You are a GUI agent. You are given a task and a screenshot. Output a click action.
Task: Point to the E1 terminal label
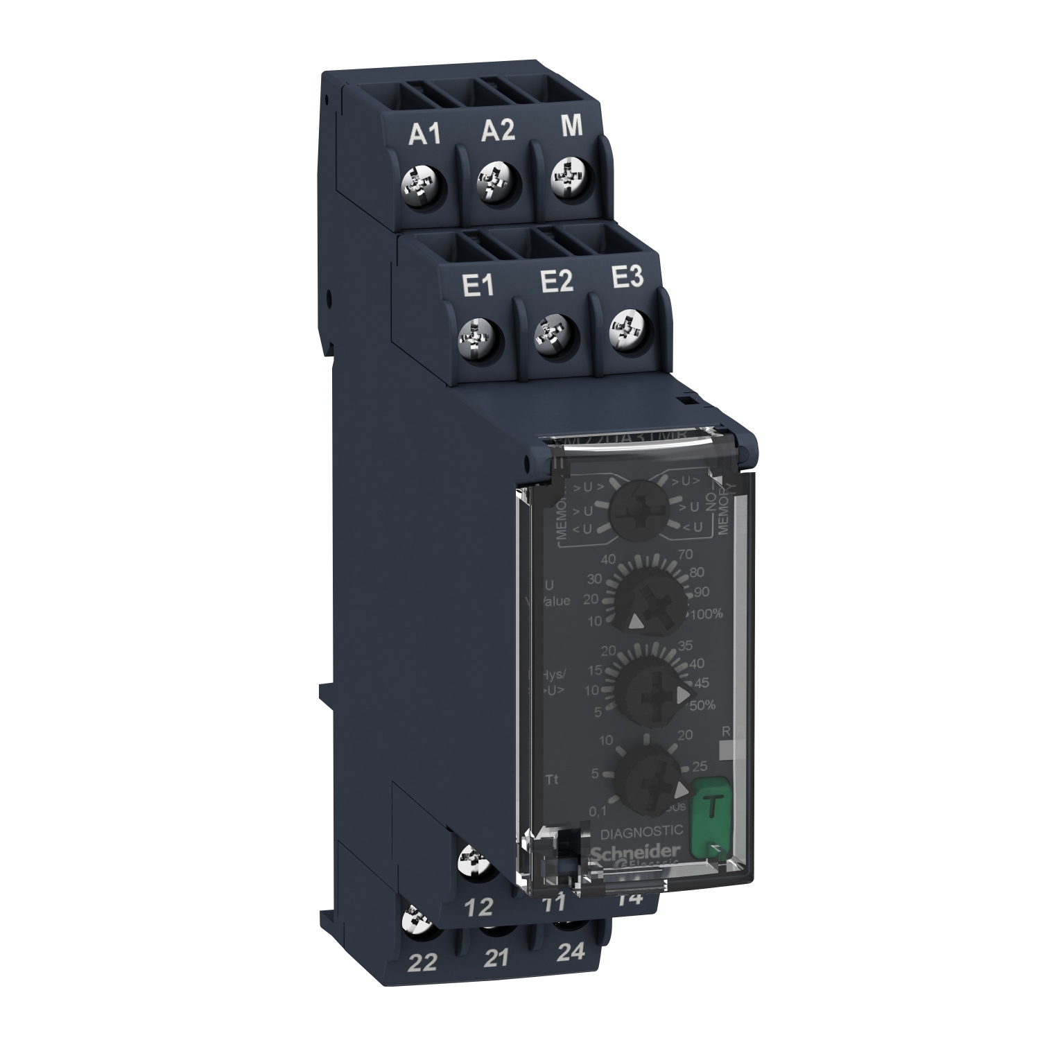[478, 286]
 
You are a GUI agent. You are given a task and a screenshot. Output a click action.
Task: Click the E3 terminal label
[626, 278]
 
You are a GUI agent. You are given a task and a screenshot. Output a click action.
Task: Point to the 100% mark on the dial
[705, 614]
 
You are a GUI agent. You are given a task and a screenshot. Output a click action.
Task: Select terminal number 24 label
[571, 951]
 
